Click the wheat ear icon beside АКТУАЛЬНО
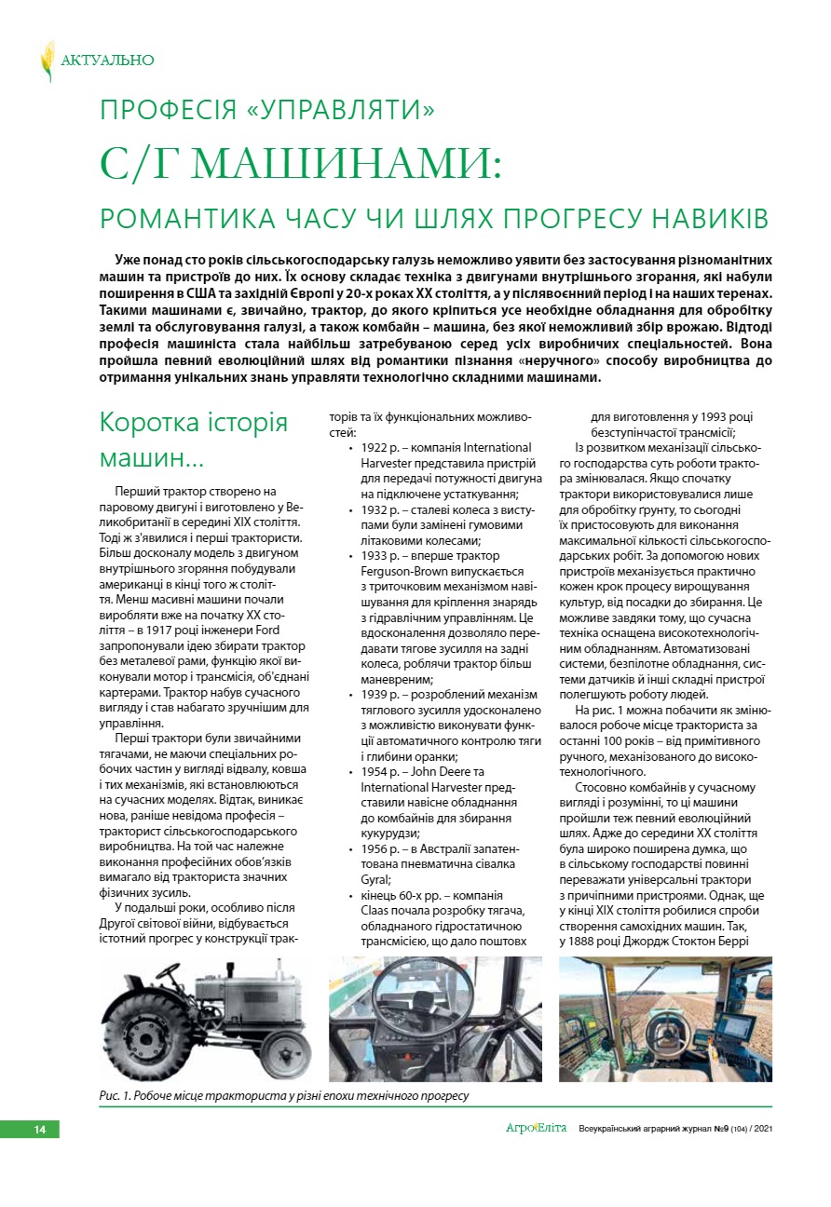click(x=47, y=61)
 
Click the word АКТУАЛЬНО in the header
click(x=107, y=61)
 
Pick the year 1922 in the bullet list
click(x=376, y=448)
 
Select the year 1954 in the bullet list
click(x=376, y=772)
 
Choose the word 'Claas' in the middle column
click(x=376, y=910)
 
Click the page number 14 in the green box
click(x=39, y=1130)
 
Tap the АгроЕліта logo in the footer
click(x=536, y=1129)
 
